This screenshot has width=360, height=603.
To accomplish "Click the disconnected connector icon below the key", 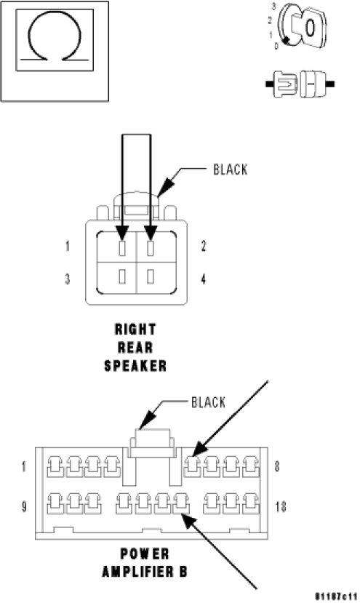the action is tap(300, 84).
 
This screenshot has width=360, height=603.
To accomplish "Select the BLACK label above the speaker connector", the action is tap(230, 169).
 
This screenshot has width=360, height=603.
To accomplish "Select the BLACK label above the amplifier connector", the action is tap(208, 402).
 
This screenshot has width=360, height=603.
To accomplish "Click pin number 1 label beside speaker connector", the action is tap(68, 246).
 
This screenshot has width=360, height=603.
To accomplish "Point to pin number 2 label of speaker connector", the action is tap(204, 246).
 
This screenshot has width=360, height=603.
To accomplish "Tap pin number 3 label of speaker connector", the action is tap(68, 279).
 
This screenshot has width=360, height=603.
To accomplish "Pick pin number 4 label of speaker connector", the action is tap(204, 279).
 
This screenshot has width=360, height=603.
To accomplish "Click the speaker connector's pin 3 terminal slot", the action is tap(122, 276).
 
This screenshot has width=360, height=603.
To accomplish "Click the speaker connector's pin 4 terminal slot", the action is tap(151, 276).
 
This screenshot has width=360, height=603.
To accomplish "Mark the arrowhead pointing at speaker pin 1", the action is tap(122, 233).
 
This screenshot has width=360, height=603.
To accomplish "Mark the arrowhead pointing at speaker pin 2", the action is tap(151, 233).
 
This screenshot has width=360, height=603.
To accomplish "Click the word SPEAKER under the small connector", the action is tap(135, 366).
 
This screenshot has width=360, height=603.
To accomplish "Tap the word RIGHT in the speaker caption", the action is tap(135, 330).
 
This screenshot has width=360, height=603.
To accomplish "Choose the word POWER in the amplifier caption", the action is tap(145, 554).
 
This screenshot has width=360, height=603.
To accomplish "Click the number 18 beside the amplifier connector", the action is tap(281, 506).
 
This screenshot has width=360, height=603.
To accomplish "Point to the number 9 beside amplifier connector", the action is tap(24, 506).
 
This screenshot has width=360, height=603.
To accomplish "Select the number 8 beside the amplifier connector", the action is tap(277, 466).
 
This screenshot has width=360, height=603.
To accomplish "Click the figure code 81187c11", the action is tap(336, 596).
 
